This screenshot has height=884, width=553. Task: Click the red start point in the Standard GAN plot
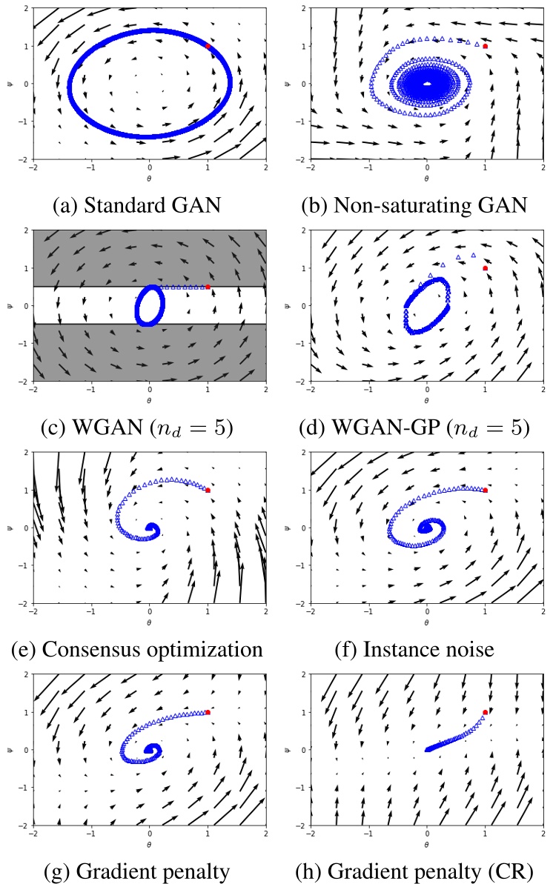pyautogui.click(x=208, y=46)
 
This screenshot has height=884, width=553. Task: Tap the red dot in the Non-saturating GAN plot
pyautogui.click(x=486, y=46)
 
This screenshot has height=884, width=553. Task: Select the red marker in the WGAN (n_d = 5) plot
pyautogui.click(x=208, y=287)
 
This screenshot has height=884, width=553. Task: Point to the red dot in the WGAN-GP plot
pyautogui.click(x=486, y=268)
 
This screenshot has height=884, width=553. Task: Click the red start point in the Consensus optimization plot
pyautogui.click(x=208, y=490)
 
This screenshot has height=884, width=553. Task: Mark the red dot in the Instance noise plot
pyautogui.click(x=486, y=490)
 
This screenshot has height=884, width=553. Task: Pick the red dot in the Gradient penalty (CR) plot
pyautogui.click(x=486, y=712)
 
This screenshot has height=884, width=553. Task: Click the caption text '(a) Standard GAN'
pyautogui.click(x=137, y=204)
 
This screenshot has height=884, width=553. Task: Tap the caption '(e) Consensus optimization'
pyautogui.click(x=137, y=649)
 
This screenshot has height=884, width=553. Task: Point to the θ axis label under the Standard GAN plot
pyautogui.click(x=150, y=179)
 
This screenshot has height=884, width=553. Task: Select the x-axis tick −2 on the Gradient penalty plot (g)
pyautogui.click(x=33, y=835)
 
